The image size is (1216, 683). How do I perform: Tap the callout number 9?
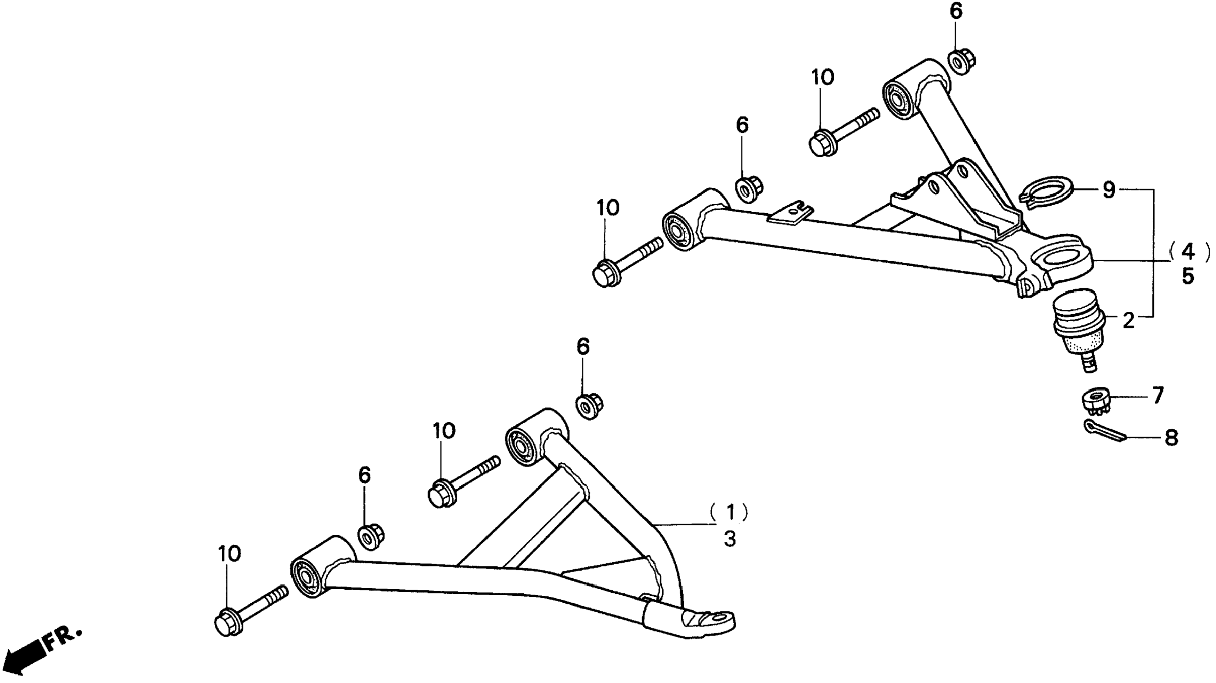[x=1109, y=190]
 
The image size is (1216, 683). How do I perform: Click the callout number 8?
[x=1171, y=438]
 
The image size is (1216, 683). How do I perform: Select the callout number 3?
[x=730, y=539]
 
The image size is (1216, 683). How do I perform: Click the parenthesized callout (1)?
[x=730, y=512]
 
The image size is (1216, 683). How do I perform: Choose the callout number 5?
[x=1188, y=276]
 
